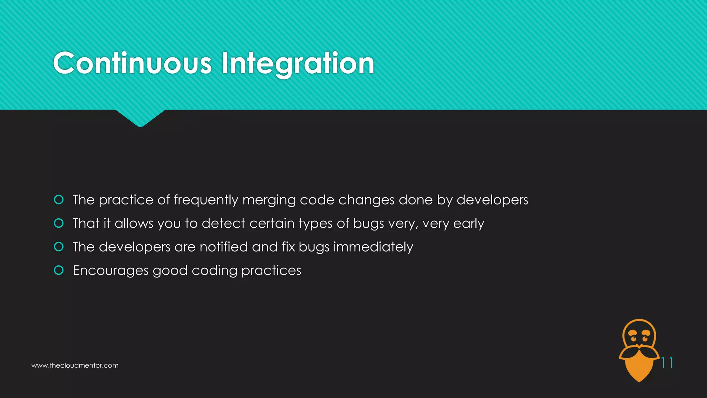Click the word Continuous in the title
click(x=132, y=63)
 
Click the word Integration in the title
click(x=298, y=64)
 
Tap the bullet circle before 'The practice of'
click(x=59, y=200)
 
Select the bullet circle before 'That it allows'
click(x=59, y=223)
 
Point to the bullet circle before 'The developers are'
click(x=59, y=247)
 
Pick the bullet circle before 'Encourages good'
click(x=59, y=270)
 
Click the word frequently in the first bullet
click(x=206, y=200)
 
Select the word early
click(x=468, y=224)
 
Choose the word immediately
click(x=373, y=247)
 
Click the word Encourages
click(x=110, y=271)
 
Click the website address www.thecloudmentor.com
click(x=75, y=366)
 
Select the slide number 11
click(x=667, y=363)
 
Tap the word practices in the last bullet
click(x=271, y=271)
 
